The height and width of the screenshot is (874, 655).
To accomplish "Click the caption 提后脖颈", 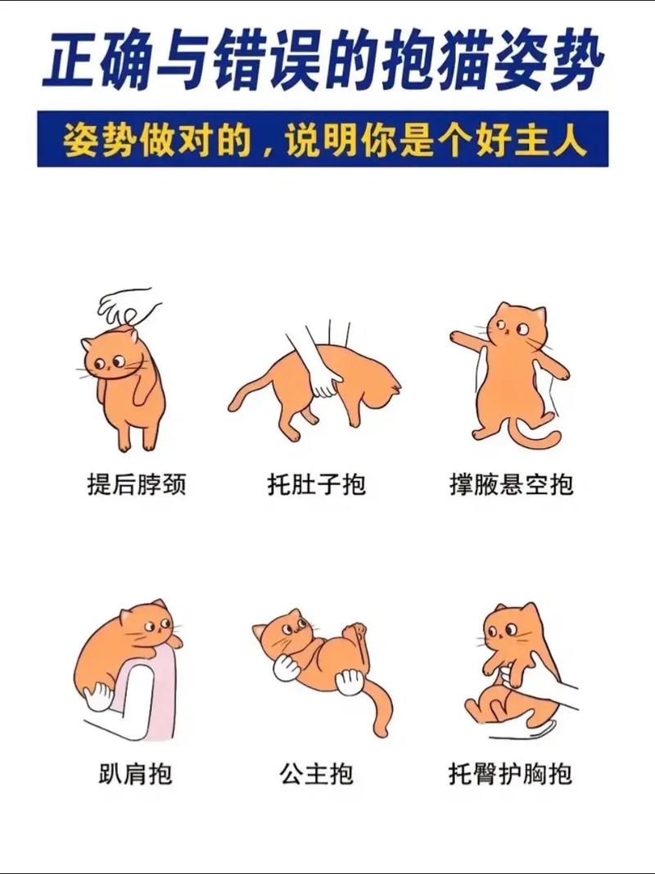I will pyautogui.click(x=137, y=484).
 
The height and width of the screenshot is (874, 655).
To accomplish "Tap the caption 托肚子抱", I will pyautogui.click(x=316, y=484).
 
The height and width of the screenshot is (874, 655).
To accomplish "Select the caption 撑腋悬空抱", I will pyautogui.click(x=511, y=484).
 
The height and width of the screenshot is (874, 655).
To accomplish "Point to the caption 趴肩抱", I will pyautogui.click(x=136, y=773).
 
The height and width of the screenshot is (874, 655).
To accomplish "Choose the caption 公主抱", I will pyautogui.click(x=316, y=773).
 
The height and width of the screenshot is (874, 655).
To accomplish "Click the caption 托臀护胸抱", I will pyautogui.click(x=510, y=773).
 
